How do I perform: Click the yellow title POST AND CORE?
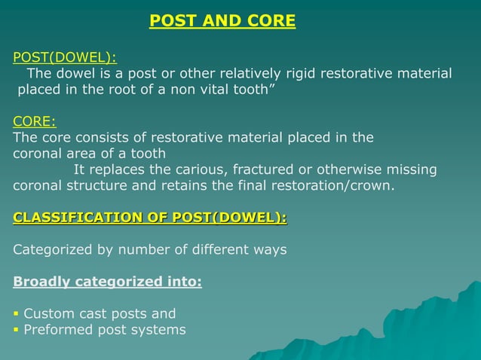coord(222,21)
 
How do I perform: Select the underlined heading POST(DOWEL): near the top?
coord(65,57)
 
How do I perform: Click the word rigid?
coord(300,74)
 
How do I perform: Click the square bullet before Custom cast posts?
coord(17,314)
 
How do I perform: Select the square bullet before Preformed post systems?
coord(17,330)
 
